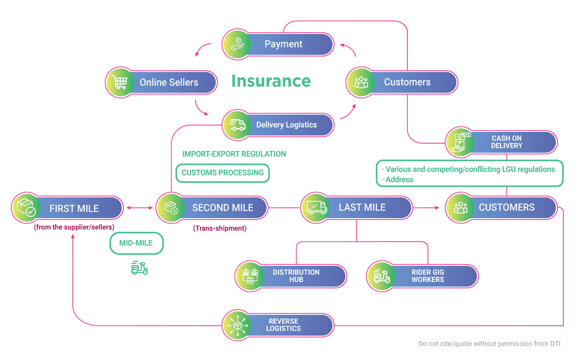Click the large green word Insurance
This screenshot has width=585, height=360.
pos(271,81)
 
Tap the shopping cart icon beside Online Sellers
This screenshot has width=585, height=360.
pos(119,82)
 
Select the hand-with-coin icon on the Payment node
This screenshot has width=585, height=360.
pos(237,44)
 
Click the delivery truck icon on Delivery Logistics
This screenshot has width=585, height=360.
pos(237,125)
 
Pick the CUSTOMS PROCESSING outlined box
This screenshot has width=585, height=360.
pos(222,173)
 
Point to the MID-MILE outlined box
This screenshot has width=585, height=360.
pos(136,243)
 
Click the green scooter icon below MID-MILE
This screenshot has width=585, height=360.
pos(139,268)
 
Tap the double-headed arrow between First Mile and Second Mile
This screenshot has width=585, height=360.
pos(139,208)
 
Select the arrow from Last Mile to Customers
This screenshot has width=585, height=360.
pos(426,208)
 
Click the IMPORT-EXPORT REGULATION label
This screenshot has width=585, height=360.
pos(234,154)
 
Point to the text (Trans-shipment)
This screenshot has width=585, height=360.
pos(220,228)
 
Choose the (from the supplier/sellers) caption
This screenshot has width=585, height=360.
pos(74,227)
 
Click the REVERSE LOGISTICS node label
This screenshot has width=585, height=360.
pos(283,325)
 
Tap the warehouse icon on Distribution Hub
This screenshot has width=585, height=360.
pos(250,276)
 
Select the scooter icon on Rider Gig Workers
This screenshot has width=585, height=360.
pos(382,276)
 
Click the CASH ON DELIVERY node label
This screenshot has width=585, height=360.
pos(507,142)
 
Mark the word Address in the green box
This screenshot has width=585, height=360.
pos(399,180)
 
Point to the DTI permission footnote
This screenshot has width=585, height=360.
pos(489,343)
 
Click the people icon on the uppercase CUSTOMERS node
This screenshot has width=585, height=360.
pos(461,208)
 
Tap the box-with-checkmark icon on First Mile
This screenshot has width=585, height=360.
pos(26,208)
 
